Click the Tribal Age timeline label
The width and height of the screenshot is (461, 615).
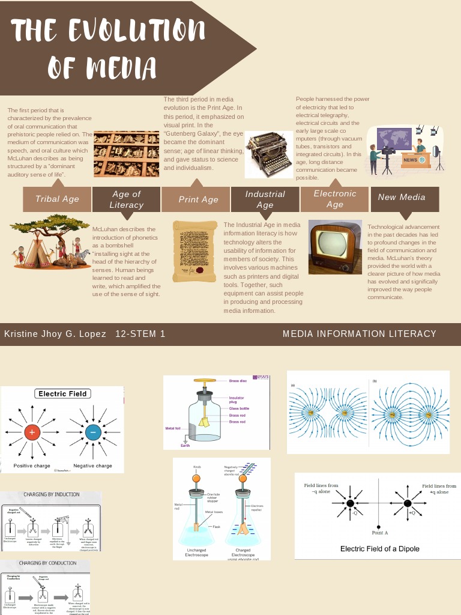click(x=57, y=199)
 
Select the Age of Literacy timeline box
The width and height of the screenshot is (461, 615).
click(x=126, y=199)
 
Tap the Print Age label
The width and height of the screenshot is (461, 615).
click(x=198, y=199)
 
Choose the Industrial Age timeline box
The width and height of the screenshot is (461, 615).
click(x=265, y=199)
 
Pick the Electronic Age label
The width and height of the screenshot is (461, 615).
click(x=334, y=199)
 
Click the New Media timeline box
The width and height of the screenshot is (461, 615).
click(x=402, y=197)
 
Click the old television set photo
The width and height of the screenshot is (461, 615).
click(x=335, y=247)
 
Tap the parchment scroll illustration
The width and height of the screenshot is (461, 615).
click(x=194, y=251)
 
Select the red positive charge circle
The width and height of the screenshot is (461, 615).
click(x=32, y=432)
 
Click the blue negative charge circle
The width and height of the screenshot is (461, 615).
click(x=92, y=432)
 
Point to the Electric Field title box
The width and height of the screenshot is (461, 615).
click(x=62, y=394)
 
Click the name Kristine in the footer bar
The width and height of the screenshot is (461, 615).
click(x=22, y=334)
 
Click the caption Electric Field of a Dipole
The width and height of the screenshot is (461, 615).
click(x=380, y=548)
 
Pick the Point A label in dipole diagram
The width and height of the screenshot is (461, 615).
click(x=380, y=533)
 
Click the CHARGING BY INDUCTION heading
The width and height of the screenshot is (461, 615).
click(x=52, y=495)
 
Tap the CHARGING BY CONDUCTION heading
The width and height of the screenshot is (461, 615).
click(x=48, y=563)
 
